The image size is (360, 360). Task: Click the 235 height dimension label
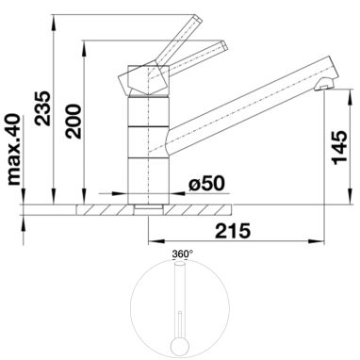point(42,108)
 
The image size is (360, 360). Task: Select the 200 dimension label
point(74,122)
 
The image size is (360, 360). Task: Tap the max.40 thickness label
point(14,150)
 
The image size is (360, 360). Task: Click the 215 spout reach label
point(233,231)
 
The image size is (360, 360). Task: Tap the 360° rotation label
point(182,254)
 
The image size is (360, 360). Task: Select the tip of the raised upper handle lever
point(199,18)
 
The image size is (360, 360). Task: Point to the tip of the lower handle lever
point(225,45)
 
